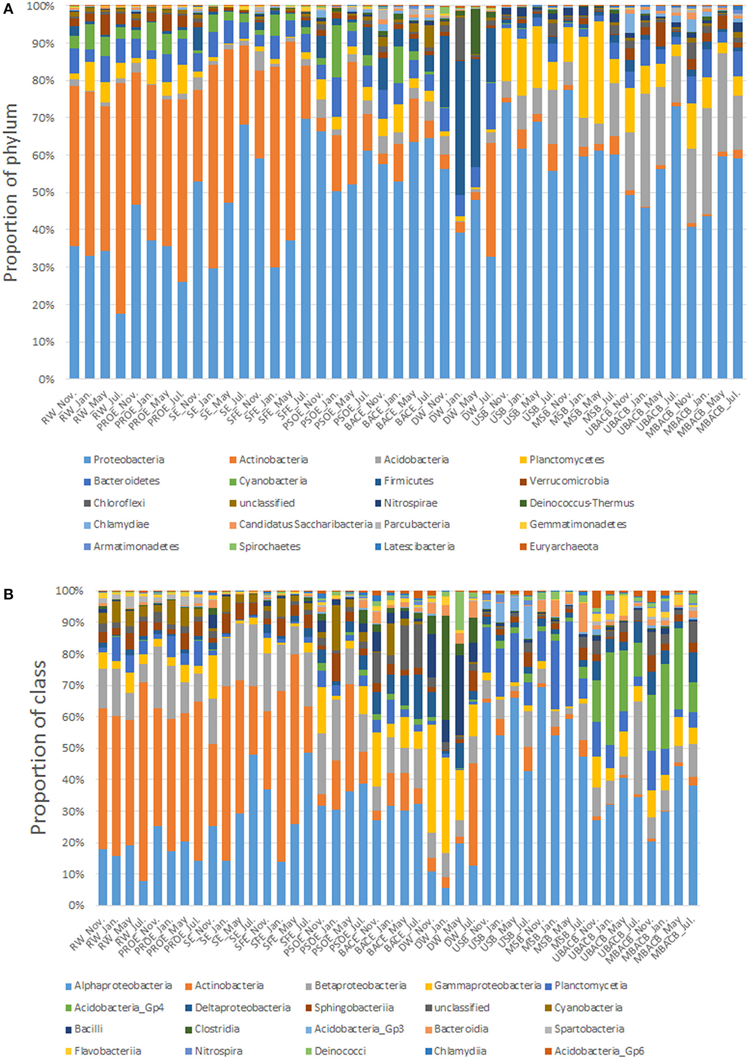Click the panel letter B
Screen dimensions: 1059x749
(x=8, y=594)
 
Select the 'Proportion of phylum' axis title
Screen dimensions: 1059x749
(x=10, y=192)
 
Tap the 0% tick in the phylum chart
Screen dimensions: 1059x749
(x=46, y=379)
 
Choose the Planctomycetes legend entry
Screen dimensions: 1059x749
(x=566, y=459)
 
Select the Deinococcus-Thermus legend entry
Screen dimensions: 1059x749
(x=581, y=503)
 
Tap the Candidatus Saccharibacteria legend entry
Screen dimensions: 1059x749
(x=305, y=524)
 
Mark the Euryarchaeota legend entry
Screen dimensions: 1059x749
(x=564, y=546)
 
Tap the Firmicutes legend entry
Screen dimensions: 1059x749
(x=409, y=481)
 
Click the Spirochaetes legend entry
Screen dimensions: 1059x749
(x=269, y=546)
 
